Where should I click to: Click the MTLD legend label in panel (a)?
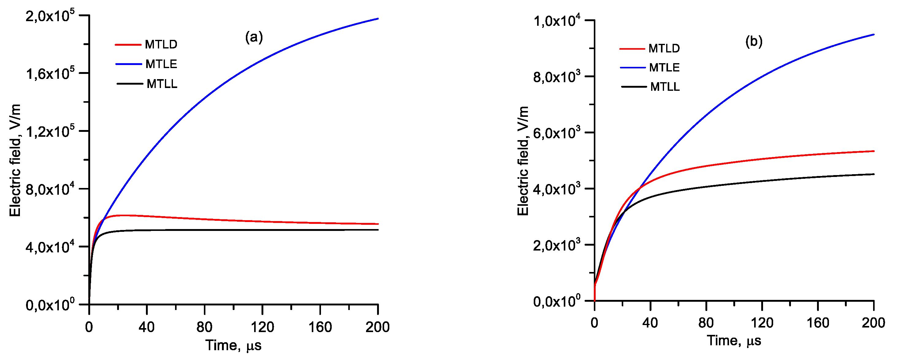coord(161,44)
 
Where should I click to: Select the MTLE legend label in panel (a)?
coord(161,64)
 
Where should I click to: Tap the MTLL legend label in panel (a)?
coord(162,84)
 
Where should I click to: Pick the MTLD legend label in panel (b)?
coord(664,48)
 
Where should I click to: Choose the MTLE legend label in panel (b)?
coord(664,67)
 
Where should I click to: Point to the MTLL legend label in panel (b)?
coord(665,86)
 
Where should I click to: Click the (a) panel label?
coord(254,37)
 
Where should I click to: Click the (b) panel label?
coord(754,41)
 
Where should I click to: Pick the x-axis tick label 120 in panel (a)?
coord(262,327)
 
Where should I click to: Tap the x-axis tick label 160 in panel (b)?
coord(818,323)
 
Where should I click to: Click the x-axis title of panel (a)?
coord(233,345)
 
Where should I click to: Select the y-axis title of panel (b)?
coord(523,161)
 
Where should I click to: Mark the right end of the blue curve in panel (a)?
coord(378,18)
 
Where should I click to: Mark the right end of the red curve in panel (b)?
coord(874,151)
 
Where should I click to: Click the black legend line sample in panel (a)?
coord(130,84)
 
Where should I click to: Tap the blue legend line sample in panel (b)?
coord(633,67)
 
